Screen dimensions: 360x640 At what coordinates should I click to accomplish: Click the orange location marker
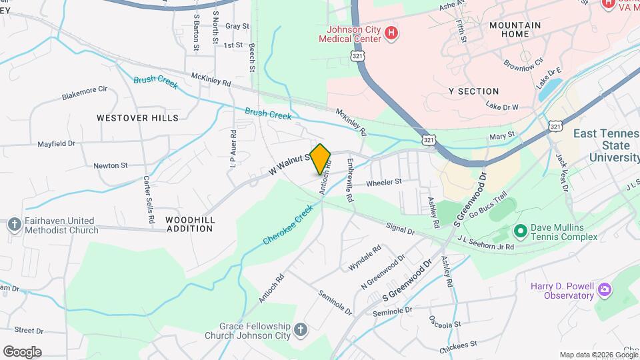coord(321,159)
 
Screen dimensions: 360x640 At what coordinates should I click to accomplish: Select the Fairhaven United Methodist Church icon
coord(15,225)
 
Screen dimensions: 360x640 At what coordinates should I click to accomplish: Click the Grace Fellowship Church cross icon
coord(301,330)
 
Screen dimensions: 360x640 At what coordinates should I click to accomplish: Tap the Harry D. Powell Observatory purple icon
coord(604,290)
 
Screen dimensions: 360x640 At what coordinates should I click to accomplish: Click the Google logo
coord(22,351)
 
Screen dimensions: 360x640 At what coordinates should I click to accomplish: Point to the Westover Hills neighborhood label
coord(137,118)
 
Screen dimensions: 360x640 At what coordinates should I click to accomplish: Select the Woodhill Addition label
coord(189,224)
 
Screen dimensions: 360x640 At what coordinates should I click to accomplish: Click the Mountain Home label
coord(515,29)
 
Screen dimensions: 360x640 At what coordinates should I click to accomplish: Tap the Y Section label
coord(473,91)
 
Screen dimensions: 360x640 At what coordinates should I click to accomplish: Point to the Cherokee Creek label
coord(288,225)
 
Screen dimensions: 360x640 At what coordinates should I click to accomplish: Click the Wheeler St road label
coord(384,181)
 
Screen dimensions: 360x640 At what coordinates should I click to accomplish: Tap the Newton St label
coord(111,165)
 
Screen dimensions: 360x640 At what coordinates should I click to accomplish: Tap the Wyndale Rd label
coord(365,257)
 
